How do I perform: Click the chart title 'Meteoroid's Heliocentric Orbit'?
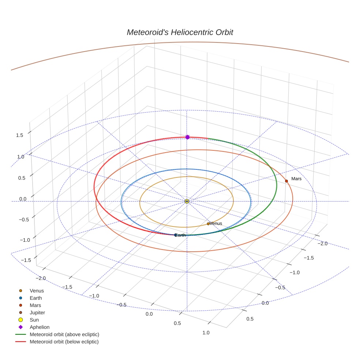pos(180,32)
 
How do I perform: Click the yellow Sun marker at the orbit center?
pos(187,201)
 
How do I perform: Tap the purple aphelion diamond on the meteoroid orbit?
pos(187,137)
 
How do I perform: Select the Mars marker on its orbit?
pos(286,181)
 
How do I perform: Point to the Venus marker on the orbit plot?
pos(208,224)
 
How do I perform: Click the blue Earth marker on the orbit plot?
pos(175,235)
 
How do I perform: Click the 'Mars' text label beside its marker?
pos(296,179)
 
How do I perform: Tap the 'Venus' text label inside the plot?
pos(216,224)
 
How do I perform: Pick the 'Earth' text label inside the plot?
pos(181,235)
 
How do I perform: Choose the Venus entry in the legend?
pos(37,290)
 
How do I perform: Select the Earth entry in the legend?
pos(35,298)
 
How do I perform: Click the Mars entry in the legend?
pos(35,305)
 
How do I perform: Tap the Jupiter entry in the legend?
pos(37,312)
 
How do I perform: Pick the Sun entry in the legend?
pos(34,320)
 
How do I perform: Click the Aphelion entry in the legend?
pos(40,327)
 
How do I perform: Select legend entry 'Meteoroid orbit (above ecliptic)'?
pos(64,334)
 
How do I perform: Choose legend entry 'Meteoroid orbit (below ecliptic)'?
pos(64,342)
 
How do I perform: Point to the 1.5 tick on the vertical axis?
pos(19,135)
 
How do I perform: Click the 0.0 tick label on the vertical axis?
pos(23,199)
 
